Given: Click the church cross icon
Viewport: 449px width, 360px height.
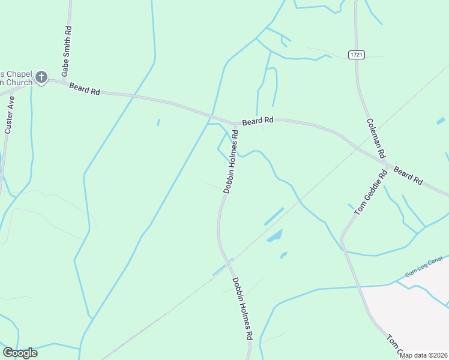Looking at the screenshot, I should click(41, 77).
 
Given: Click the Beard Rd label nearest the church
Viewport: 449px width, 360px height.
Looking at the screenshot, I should click(84, 89).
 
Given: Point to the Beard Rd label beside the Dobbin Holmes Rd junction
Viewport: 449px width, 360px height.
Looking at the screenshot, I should click(258, 121).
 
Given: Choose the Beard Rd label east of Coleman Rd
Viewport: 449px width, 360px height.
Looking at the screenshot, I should click(408, 175).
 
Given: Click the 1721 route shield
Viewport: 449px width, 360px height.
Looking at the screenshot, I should click(357, 55).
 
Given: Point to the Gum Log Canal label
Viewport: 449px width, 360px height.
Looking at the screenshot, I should click(424, 266).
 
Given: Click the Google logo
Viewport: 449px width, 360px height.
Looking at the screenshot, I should click(20, 353).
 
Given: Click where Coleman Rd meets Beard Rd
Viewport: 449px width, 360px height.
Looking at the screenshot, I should click(385, 162).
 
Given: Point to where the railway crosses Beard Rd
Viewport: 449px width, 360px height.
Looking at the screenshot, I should click(356, 148).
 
